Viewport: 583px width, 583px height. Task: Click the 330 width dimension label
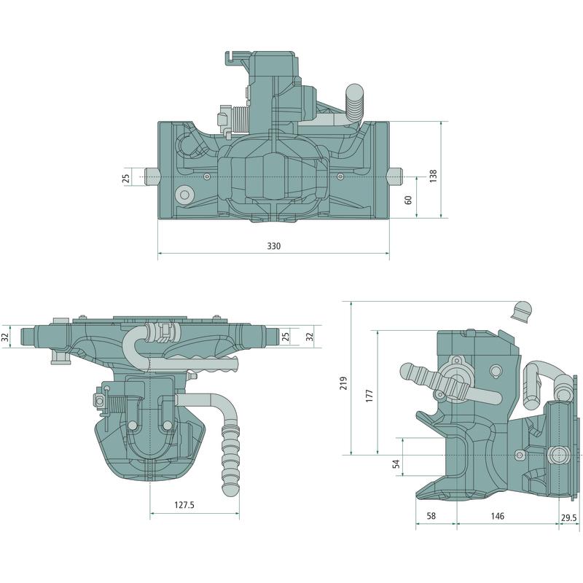(x=274, y=246)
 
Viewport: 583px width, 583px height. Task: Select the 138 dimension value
(x=434, y=176)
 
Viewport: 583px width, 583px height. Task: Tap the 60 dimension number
(x=408, y=200)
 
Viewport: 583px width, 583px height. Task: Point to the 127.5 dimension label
(x=184, y=505)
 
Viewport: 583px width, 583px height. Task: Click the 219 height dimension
(x=343, y=383)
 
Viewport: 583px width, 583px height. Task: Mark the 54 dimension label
(x=396, y=463)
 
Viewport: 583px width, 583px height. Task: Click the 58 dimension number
(x=431, y=516)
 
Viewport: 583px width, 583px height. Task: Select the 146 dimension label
(x=498, y=516)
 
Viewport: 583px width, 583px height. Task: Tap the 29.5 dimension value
(x=569, y=517)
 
